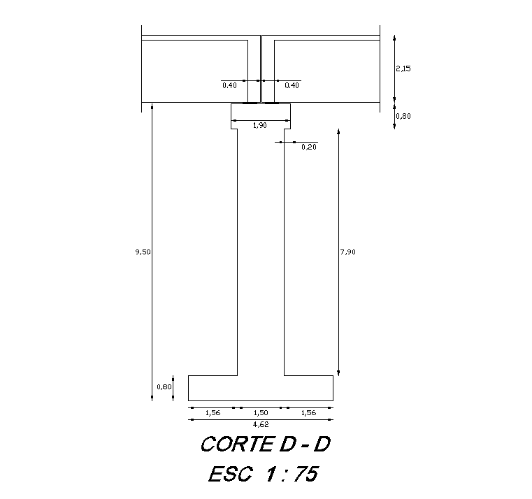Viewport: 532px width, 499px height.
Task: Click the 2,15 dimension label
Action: pos(403,68)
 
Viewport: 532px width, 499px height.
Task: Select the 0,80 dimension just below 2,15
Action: pos(403,116)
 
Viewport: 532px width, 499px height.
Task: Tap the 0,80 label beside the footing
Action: pos(164,386)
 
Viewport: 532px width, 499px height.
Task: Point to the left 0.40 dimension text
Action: pos(229,85)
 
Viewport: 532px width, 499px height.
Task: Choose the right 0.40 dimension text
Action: pos(292,85)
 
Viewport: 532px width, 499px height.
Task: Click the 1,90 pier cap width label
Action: pos(259,125)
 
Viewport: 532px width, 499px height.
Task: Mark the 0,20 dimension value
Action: pos(308,147)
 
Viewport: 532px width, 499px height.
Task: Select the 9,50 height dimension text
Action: pos(143,252)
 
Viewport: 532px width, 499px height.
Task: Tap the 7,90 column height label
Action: pos(347,252)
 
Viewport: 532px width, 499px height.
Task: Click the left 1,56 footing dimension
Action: pos(213,413)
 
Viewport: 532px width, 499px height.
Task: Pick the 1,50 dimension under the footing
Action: pos(260,413)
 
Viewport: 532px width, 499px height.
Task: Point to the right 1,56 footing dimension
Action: pos(308,413)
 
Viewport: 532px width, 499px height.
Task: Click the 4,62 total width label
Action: pos(260,424)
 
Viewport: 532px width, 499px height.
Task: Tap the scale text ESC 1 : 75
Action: pos(263,475)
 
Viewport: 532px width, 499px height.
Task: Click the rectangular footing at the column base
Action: pos(260,388)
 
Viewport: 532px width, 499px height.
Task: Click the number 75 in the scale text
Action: pos(305,475)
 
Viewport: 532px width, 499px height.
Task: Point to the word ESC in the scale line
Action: pos(230,475)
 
